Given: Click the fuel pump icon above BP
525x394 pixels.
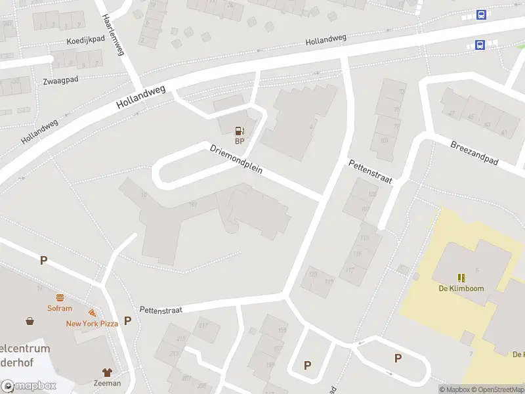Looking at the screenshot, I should (x=240, y=130).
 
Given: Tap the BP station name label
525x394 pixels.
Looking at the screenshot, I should (x=240, y=141).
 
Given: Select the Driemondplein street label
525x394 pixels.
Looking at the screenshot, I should (x=236, y=159).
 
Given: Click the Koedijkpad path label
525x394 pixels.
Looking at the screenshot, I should (x=85, y=41).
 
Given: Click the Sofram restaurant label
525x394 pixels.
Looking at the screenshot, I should (x=59, y=308).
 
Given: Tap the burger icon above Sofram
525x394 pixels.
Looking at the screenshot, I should (x=60, y=297).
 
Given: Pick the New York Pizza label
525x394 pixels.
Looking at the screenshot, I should (x=91, y=323).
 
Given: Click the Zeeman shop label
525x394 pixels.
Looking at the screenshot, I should (x=107, y=383).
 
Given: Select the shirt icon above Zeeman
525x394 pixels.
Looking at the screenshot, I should (x=107, y=372).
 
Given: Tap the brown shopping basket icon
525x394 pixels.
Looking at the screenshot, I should (x=30, y=321).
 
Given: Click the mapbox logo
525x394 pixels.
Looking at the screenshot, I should (x=29, y=385).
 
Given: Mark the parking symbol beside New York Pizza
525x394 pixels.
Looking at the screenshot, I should (x=127, y=320).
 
